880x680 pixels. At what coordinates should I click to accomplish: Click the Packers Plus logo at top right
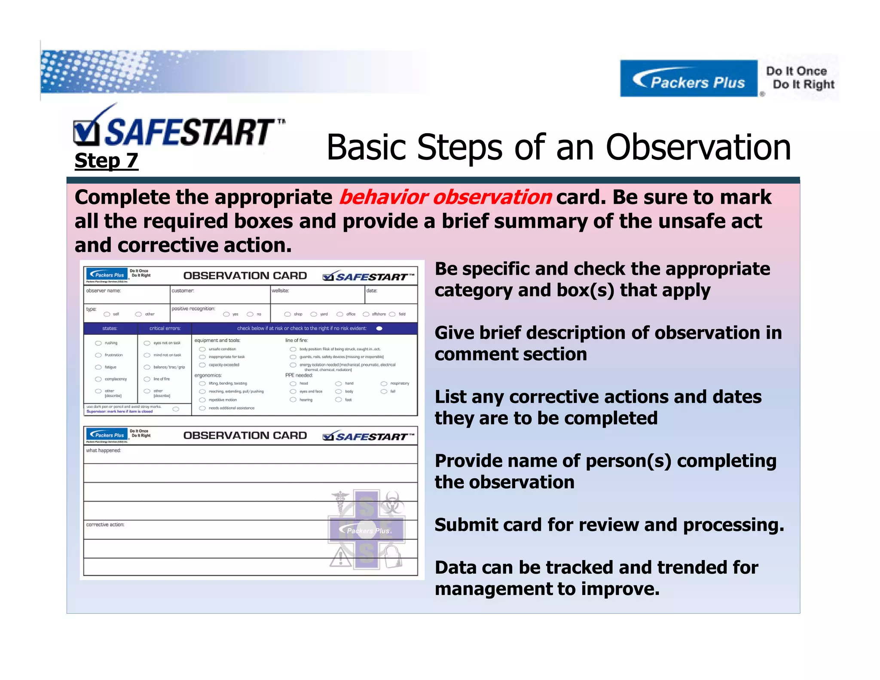coord(688,79)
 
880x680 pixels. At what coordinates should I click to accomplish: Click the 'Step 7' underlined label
coord(106,161)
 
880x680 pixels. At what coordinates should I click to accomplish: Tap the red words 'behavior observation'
coord(445,197)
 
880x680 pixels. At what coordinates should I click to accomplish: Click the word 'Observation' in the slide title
coord(698,147)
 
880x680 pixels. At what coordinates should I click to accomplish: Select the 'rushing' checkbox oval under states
coord(98,343)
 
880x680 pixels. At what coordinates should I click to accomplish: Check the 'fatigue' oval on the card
coord(98,367)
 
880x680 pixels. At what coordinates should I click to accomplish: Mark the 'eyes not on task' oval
coord(147,343)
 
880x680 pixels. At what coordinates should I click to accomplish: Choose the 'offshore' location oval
coord(366,314)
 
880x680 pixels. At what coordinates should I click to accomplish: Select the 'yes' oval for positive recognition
coord(226,314)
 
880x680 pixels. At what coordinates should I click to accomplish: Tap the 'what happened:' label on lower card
coord(104,450)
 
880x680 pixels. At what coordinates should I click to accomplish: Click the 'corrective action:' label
coord(105,525)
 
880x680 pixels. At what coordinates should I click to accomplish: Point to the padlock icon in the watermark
coord(392,557)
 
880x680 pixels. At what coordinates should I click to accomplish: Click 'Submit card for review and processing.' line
coord(609,525)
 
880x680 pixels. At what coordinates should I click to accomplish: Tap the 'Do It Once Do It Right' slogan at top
coord(800,78)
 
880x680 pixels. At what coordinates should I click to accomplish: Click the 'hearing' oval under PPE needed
coord(293,400)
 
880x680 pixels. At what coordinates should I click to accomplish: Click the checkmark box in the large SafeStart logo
coord(86,133)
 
